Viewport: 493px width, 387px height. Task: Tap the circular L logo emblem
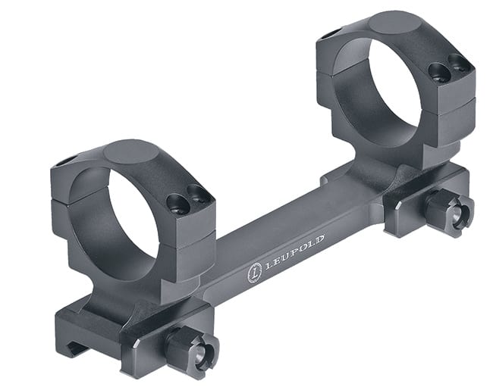coord(254,273)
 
